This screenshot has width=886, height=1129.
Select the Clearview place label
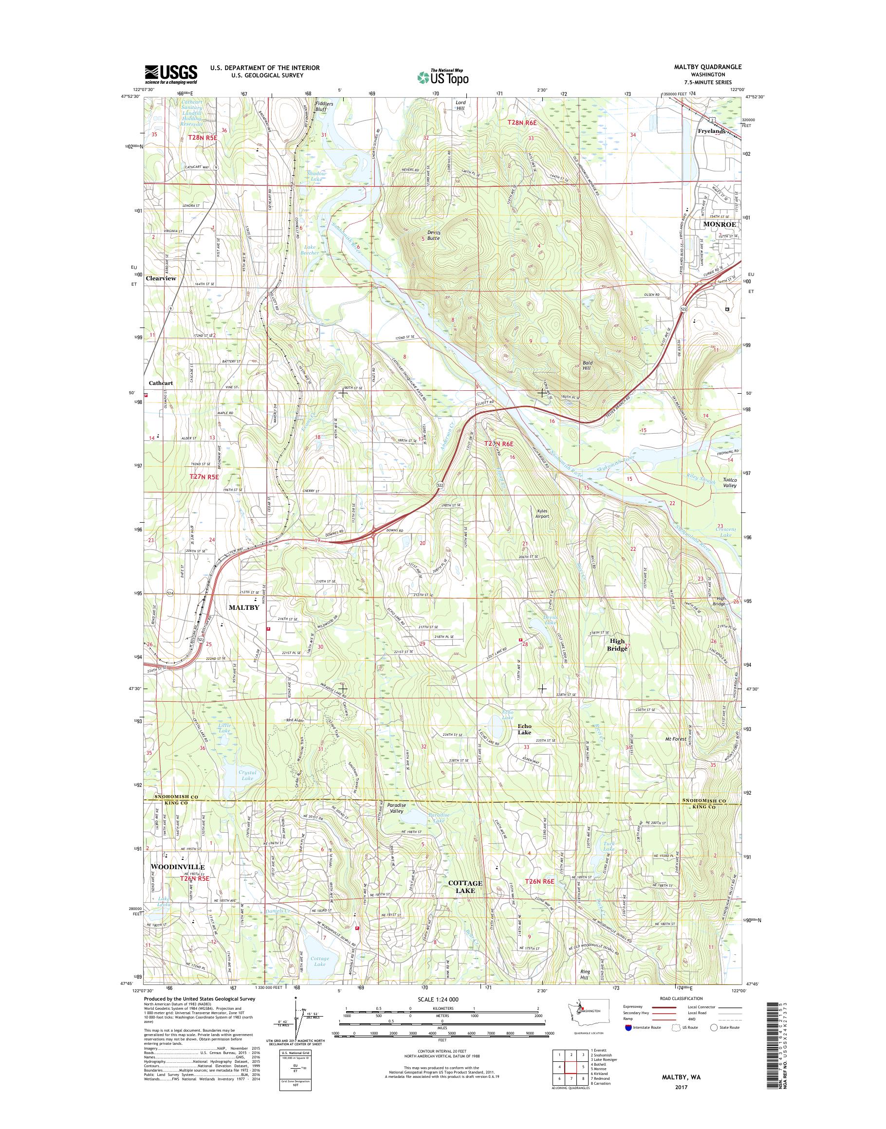[x=161, y=278]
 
